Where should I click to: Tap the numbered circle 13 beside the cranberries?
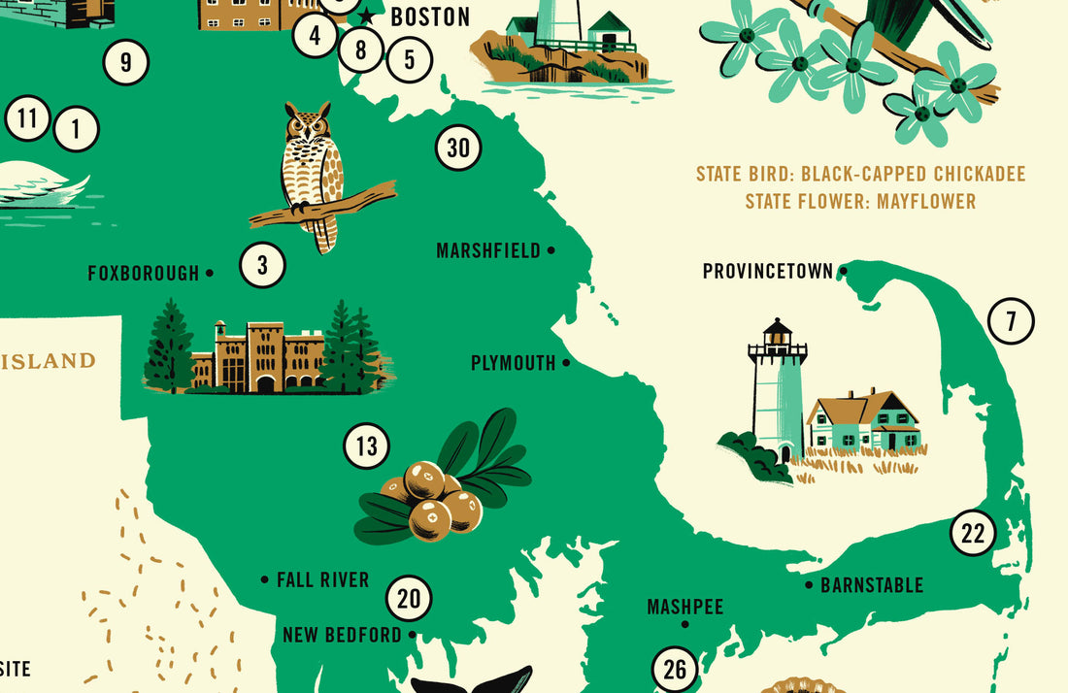pos(366,446)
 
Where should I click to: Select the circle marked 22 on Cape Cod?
pos(973,533)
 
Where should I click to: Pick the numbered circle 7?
pos(1011,321)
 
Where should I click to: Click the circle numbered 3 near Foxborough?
pos(262,264)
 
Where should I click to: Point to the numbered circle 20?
pos(409,599)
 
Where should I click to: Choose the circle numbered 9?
pos(126,64)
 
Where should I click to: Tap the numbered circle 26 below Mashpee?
pos(675,670)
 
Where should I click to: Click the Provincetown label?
pos(767,272)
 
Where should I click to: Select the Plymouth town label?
pos(514,364)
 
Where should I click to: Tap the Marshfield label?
pos(488,251)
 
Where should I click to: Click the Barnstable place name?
pos(872,585)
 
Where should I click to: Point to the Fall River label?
pos(322,580)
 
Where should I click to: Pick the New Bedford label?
pos(342,635)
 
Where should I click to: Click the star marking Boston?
pos(366,17)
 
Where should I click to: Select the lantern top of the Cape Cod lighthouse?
pos(777,336)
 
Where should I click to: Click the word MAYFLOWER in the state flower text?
pos(926,202)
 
